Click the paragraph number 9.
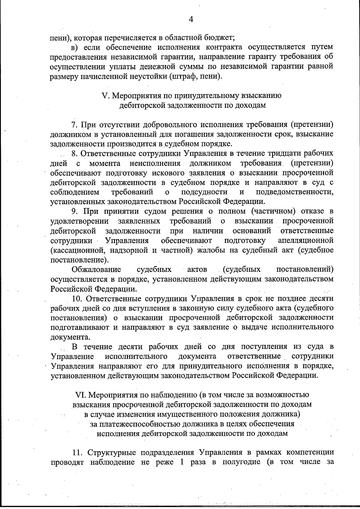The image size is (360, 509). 74,211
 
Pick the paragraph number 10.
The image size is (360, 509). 76,299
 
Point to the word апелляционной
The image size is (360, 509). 306,240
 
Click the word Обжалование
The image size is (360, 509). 96,269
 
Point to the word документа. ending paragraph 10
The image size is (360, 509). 70,337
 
